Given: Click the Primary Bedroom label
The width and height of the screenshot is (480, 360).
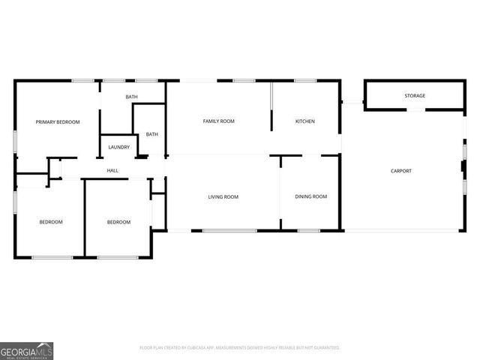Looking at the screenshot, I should (58, 121).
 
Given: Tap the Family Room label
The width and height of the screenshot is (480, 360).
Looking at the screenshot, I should (219, 121).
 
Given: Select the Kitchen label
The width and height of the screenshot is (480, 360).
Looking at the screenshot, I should (304, 121).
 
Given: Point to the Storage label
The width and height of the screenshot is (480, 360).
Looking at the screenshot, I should (415, 96).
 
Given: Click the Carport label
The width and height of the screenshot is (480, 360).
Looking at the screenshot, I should (401, 171).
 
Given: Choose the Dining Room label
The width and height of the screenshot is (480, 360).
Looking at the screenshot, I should (310, 196).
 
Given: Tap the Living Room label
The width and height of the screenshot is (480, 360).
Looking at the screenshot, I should (223, 197).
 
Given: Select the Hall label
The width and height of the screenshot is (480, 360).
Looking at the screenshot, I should (112, 171).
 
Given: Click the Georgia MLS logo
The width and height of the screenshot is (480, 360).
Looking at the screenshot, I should (26, 351).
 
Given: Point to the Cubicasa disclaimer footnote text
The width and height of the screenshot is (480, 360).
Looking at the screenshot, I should (240, 348).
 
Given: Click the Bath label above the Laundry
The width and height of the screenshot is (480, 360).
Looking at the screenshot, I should (132, 97).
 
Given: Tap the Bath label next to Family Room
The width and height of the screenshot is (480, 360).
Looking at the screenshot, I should (152, 134).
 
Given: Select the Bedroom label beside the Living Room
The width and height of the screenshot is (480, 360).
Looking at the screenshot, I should (118, 222).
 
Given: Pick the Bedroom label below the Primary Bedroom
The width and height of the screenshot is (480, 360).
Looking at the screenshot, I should (51, 222).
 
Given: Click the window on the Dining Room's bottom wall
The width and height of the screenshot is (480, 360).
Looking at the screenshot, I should (309, 230).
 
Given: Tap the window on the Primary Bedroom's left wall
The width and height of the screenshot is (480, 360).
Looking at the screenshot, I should (15, 142).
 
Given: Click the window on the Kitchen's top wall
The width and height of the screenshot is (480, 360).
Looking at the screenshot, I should (304, 80).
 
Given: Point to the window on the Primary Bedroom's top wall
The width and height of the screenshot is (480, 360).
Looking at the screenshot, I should (82, 80).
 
